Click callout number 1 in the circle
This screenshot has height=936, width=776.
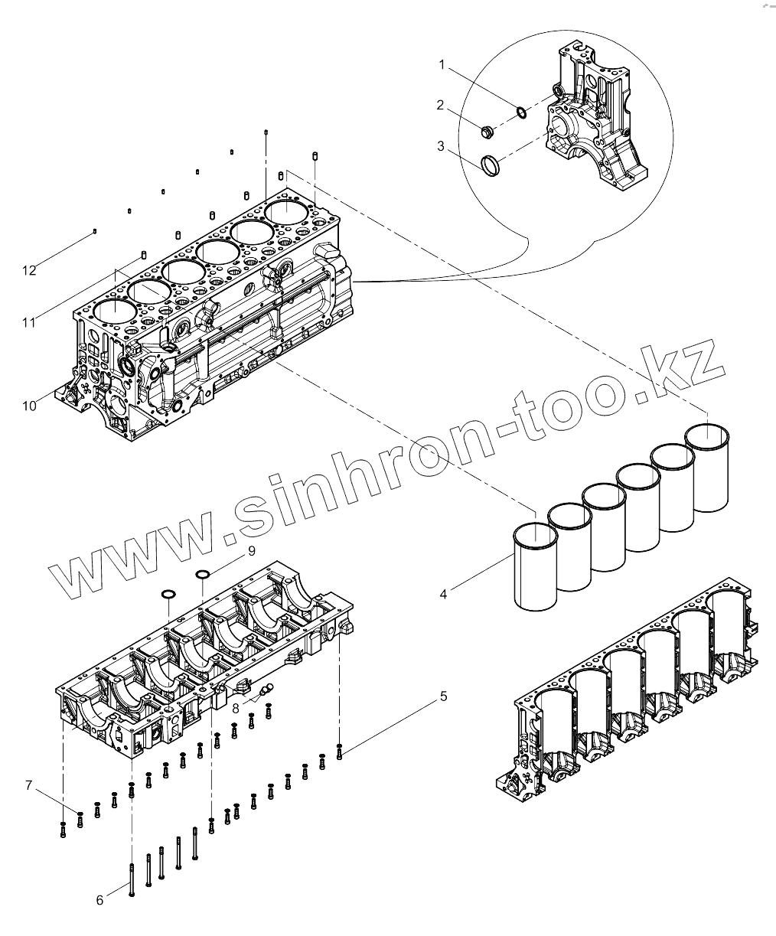click(x=442, y=66)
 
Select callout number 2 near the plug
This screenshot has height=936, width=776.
click(x=440, y=106)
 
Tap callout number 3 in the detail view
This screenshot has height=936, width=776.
click(x=442, y=146)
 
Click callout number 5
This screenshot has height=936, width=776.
click(x=443, y=696)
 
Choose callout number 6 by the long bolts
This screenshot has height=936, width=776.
click(x=99, y=901)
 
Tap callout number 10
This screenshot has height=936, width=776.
click(x=29, y=406)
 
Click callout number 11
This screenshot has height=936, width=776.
click(x=29, y=323)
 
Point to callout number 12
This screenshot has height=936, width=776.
click(x=29, y=270)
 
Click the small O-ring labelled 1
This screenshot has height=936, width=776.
click(x=520, y=113)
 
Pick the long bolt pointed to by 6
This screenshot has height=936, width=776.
click(x=132, y=880)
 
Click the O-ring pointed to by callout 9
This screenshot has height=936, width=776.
click(x=202, y=575)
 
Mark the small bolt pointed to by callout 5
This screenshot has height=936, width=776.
click(x=340, y=753)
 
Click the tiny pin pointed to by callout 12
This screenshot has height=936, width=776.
click(x=93, y=230)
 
